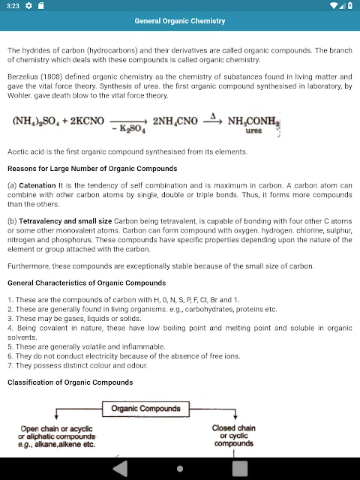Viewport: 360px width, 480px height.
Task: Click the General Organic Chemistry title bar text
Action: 180,21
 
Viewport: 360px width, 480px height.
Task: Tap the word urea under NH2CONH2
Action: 254,130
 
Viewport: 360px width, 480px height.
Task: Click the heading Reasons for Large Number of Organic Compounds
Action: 92,168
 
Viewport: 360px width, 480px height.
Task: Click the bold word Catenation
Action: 37,184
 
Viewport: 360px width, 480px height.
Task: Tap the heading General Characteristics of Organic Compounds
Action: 86,283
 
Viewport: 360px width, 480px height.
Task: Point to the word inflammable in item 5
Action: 145,346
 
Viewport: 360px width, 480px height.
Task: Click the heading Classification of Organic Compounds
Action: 70,382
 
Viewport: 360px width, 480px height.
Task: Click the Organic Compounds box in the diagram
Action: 145,409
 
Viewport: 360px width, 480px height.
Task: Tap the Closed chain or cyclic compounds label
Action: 234,436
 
